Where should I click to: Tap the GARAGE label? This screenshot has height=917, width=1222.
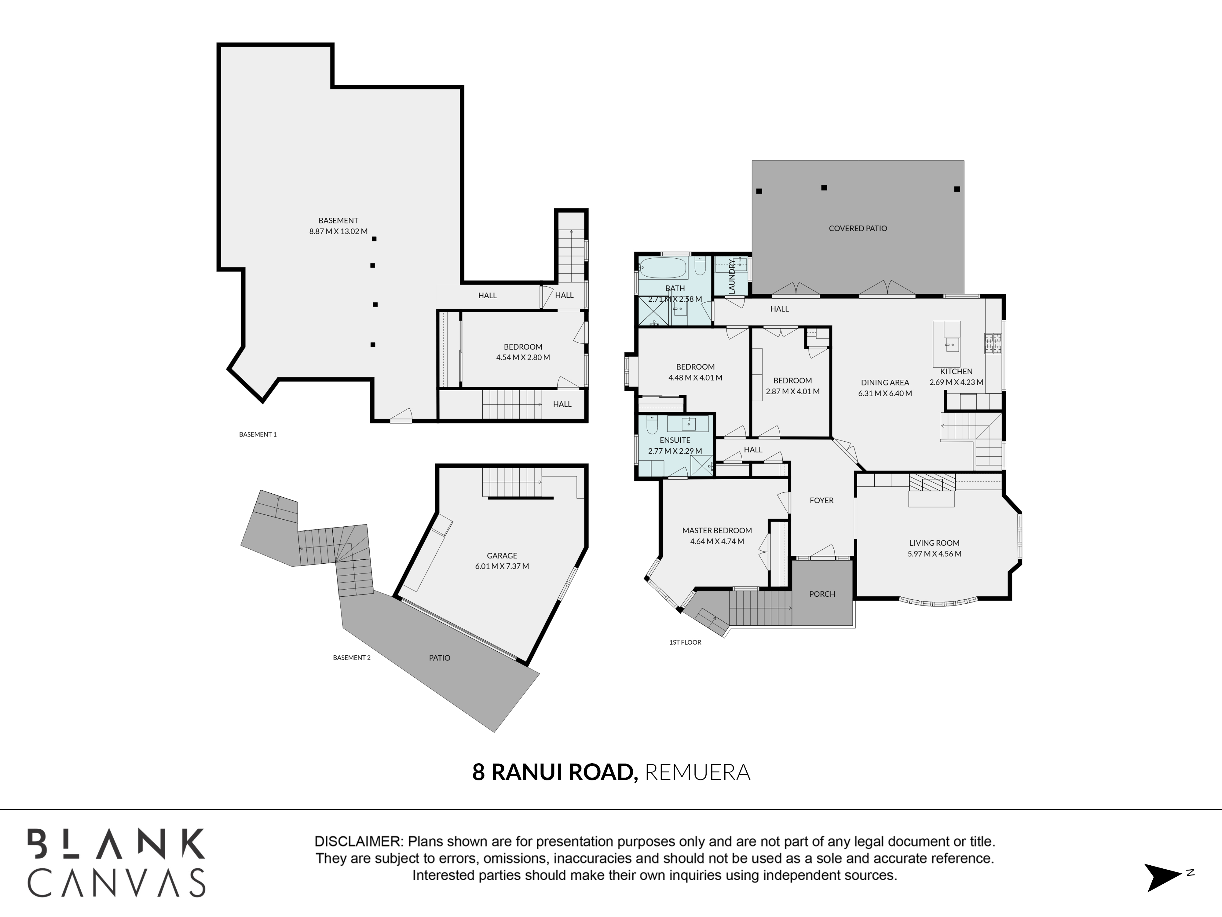coord(502,555)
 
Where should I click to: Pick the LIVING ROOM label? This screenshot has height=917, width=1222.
coord(934,543)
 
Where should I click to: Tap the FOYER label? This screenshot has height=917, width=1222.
coord(821,500)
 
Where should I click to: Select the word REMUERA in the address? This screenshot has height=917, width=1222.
coord(698,772)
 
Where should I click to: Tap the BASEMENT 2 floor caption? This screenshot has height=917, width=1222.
coord(352,658)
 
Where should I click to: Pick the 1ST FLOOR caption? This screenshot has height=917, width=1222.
coord(685,642)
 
